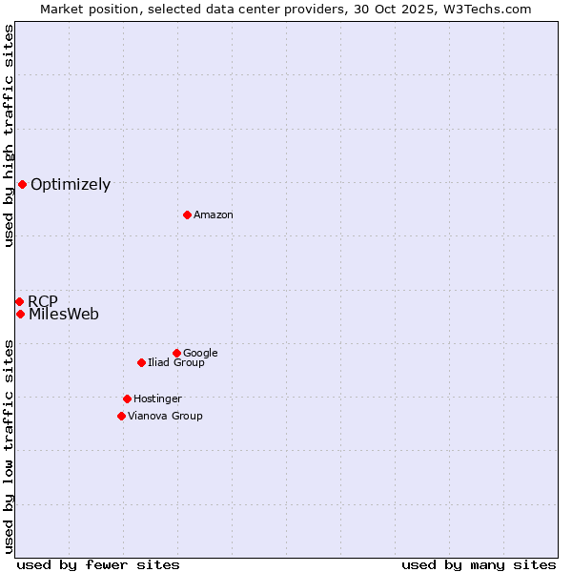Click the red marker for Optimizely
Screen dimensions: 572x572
pyautogui.click(x=22, y=184)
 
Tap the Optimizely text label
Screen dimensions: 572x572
pyautogui.click(x=71, y=185)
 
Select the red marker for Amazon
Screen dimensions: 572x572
pyautogui.click(x=187, y=214)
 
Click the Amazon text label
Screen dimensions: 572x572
pyautogui.click(x=214, y=215)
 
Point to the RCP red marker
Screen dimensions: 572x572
pyautogui.click(x=19, y=301)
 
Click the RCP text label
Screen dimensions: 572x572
pyautogui.click(x=43, y=302)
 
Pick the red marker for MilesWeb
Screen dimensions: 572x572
pyautogui.click(x=20, y=314)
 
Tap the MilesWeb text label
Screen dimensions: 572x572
pyautogui.click(x=64, y=315)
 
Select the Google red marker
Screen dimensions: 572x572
pyautogui.click(x=176, y=353)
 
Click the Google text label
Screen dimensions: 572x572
pyautogui.click(x=200, y=354)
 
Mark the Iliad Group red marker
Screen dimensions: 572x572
pyautogui.click(x=141, y=362)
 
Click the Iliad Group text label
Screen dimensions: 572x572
pyautogui.click(x=176, y=363)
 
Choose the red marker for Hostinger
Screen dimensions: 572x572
pyautogui.click(x=127, y=398)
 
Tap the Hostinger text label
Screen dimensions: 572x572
pyautogui.click(x=157, y=399)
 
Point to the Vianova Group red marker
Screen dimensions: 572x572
pyautogui.click(x=121, y=416)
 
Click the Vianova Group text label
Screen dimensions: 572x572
pyautogui.click(x=165, y=417)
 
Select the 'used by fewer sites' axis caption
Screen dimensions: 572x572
pyautogui.click(x=98, y=564)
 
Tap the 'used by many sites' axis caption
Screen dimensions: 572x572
pyautogui.click(x=479, y=564)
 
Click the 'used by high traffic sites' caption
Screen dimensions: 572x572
pyautogui.click(x=9, y=135)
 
